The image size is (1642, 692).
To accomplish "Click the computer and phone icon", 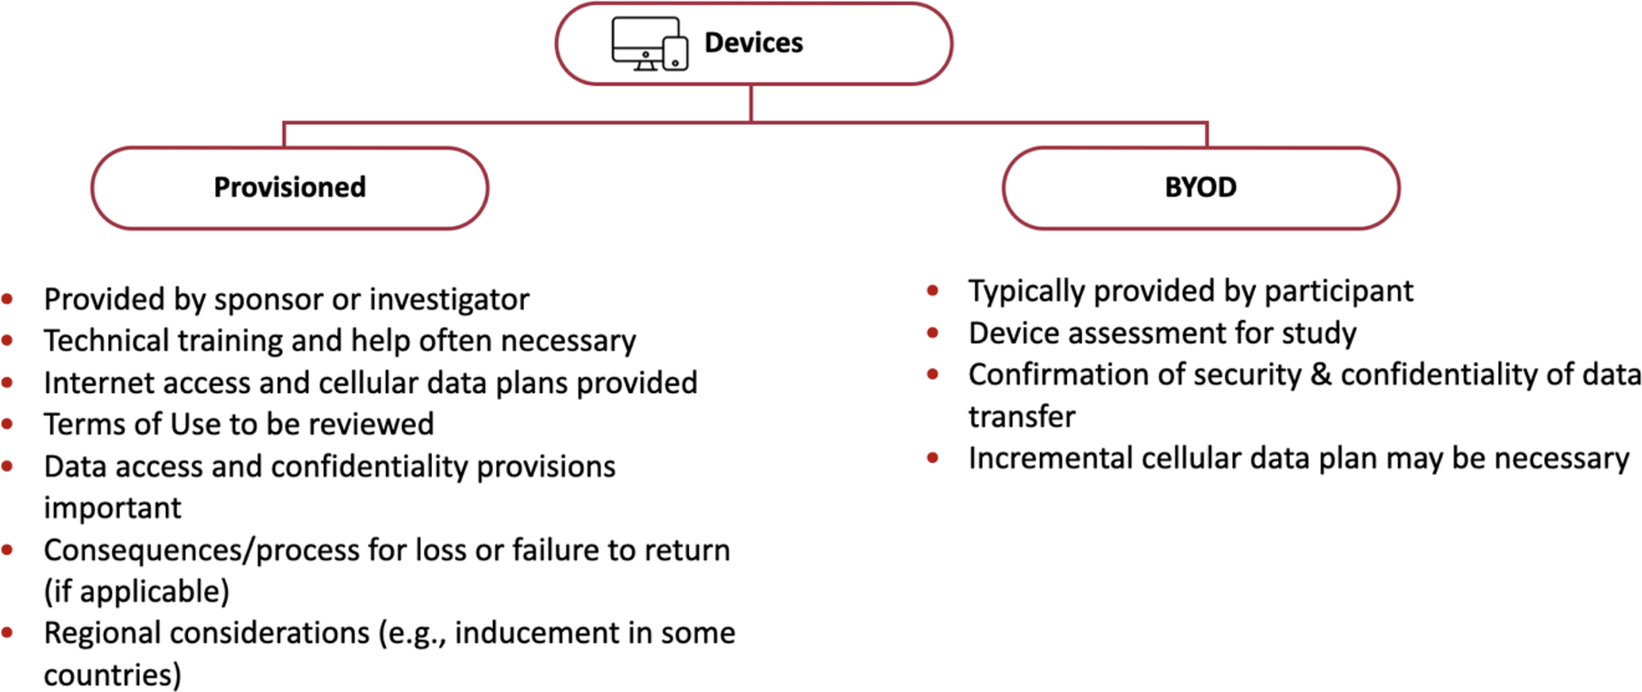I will (x=649, y=44).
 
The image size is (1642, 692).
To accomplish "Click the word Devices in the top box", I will (x=754, y=43).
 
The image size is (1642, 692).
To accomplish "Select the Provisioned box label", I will (x=290, y=187).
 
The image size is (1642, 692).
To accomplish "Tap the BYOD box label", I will (x=1200, y=187).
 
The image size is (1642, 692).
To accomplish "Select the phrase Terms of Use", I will (x=132, y=424).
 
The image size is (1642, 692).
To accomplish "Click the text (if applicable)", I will (x=136, y=592).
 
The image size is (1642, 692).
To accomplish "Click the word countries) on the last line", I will (x=112, y=675).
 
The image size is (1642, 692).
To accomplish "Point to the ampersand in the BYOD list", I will (x=1320, y=375).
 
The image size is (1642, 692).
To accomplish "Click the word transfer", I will (x=1021, y=417).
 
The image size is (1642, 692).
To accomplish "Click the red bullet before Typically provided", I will (x=933, y=291).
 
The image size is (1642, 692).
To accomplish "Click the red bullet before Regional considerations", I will (x=7, y=633).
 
